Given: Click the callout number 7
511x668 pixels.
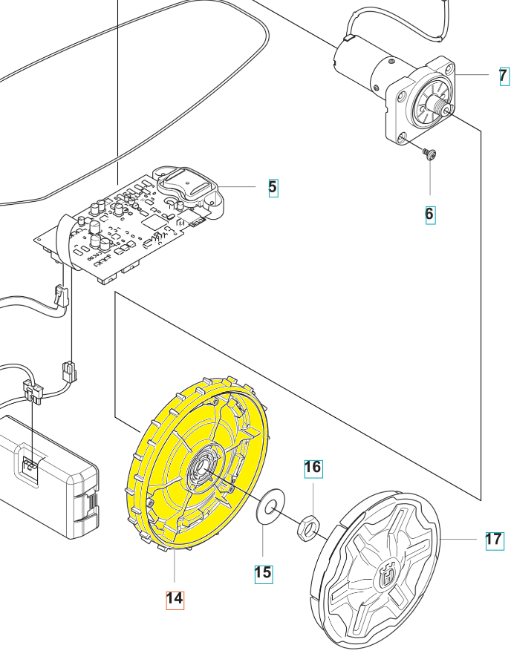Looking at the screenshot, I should (504, 75).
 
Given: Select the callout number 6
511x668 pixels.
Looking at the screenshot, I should (429, 215).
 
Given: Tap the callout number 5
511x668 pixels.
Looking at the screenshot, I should (273, 187).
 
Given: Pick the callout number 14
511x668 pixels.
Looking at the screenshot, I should (174, 598).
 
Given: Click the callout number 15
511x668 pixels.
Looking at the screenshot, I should (263, 572).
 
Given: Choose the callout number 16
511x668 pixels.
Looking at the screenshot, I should (313, 467).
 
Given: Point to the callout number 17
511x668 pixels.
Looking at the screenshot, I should (494, 540).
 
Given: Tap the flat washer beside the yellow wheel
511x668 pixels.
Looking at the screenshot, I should (270, 506).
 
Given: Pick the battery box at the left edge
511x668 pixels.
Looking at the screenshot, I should (45, 475).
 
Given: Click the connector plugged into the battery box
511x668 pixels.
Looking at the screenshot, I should (30, 467).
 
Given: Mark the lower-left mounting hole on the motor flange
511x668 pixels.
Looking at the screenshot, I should (402, 137).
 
